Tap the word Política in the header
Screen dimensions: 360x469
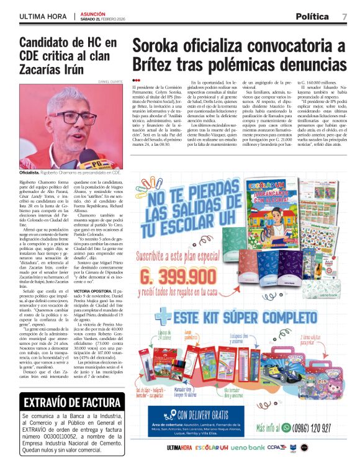click(x=316, y=16)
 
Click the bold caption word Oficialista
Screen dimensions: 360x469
click(x=29, y=172)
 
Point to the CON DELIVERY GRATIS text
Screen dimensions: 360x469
click(x=207, y=414)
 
